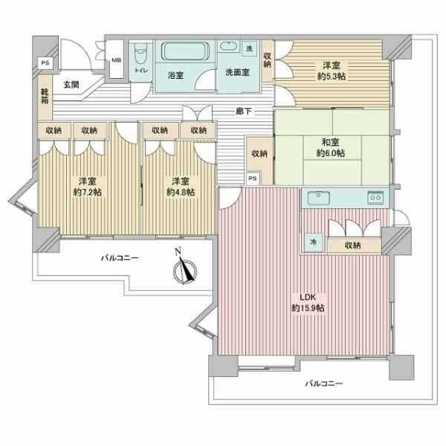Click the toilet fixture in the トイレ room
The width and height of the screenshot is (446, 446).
(140, 54)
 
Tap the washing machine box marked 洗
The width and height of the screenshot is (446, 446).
(250, 48)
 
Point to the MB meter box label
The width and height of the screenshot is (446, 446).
(116, 60)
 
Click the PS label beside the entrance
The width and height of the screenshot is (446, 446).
(45, 63)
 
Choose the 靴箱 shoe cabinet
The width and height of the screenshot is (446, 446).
(45, 96)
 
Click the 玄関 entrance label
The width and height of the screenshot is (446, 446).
(71, 85)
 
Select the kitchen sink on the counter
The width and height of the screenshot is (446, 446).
(319, 198)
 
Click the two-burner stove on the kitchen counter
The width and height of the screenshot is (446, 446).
(375, 198)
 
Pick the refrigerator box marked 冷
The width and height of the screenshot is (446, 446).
(314, 242)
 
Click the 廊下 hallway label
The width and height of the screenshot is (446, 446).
(244, 111)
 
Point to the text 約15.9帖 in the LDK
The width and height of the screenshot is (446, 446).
(308, 308)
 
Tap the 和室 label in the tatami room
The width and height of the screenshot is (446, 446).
(331, 142)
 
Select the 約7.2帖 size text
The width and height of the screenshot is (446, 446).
(87, 193)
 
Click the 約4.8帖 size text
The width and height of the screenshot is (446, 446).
(181, 193)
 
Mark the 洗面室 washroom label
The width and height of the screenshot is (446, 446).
(238, 72)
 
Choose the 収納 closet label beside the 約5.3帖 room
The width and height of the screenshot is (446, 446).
(268, 60)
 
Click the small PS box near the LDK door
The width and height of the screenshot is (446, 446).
(253, 178)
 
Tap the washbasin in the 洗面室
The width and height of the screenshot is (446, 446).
(229, 46)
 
